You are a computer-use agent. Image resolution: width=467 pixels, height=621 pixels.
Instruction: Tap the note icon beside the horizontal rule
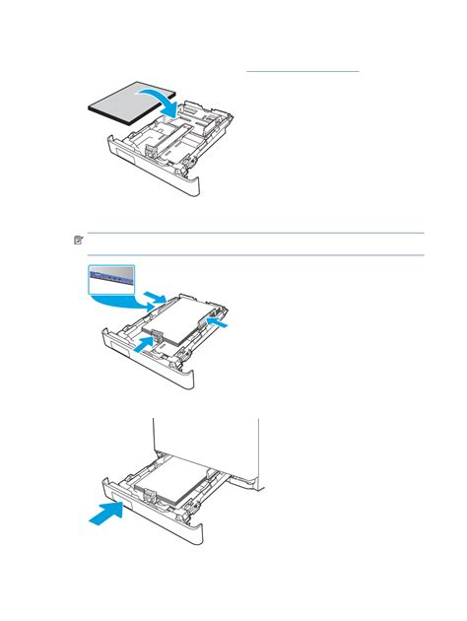[79, 241]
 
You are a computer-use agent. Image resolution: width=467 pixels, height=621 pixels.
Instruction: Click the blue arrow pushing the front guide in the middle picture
[145, 343]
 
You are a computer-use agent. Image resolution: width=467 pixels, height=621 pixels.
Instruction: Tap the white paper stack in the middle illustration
[183, 320]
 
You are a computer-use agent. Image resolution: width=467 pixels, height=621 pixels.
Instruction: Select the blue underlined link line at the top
[302, 71]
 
